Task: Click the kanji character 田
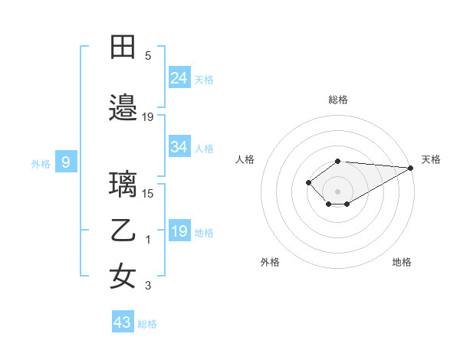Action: click(123, 47)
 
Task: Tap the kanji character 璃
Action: click(123, 185)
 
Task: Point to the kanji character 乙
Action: click(123, 231)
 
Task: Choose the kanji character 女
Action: click(123, 277)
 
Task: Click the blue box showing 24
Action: click(179, 77)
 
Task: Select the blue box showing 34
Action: click(179, 147)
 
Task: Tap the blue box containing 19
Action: click(179, 231)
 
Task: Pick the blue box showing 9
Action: click(66, 162)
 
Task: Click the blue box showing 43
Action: click(122, 322)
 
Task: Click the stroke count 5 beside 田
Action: click(147, 56)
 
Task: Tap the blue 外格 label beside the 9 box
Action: click(40, 163)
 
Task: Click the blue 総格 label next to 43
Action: click(147, 324)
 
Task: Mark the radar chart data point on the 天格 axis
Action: click(412, 168)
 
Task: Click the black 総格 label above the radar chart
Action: click(338, 100)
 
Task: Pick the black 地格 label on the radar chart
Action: click(402, 262)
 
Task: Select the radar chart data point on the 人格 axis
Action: click(308, 182)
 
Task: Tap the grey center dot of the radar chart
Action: click(338, 191)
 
